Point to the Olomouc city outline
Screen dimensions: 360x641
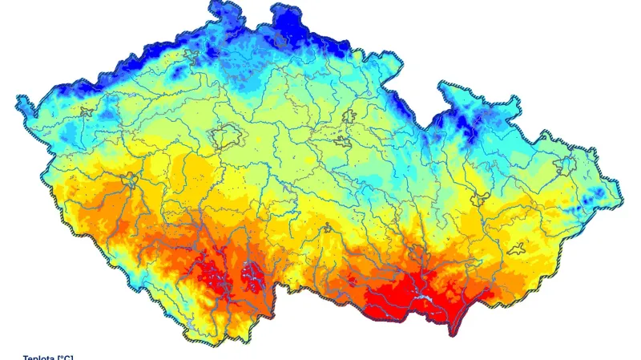[481, 197]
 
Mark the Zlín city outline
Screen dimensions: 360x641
[518, 249]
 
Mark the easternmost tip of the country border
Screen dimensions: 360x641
[622, 195]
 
